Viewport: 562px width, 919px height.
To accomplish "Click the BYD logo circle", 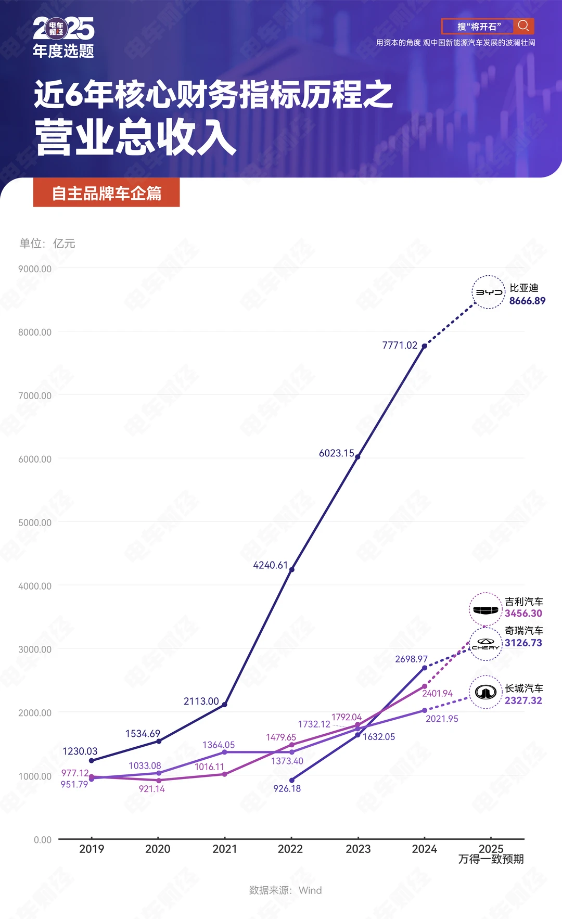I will (489, 292).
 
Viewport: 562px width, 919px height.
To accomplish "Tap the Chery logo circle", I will (486, 644).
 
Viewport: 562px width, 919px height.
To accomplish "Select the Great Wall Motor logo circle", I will (486, 692).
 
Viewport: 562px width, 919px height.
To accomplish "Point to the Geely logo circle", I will (486, 609).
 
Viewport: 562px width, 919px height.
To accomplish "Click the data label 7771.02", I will (400, 346).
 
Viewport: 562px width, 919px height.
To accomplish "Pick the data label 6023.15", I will (336, 453).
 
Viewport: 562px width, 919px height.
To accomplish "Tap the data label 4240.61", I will (270, 565).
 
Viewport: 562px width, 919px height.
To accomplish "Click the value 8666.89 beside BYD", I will (527, 301).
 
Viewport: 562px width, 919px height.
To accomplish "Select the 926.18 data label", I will (287, 788).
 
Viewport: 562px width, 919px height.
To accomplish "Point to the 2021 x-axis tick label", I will (225, 849).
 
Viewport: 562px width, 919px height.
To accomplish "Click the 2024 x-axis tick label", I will (424, 849).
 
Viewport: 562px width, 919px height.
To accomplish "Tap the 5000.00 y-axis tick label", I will (35, 522).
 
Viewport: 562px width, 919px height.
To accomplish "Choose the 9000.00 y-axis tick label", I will (35, 269).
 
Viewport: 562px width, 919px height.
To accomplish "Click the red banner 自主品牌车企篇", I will (107, 193).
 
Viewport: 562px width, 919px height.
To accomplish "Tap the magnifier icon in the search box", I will (523, 26).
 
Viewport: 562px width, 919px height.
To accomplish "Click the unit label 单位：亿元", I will (47, 244).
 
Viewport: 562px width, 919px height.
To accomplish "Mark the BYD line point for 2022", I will (291, 569).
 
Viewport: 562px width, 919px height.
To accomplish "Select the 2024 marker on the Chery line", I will (425, 668).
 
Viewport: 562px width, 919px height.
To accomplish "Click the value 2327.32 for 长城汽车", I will (523, 700).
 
